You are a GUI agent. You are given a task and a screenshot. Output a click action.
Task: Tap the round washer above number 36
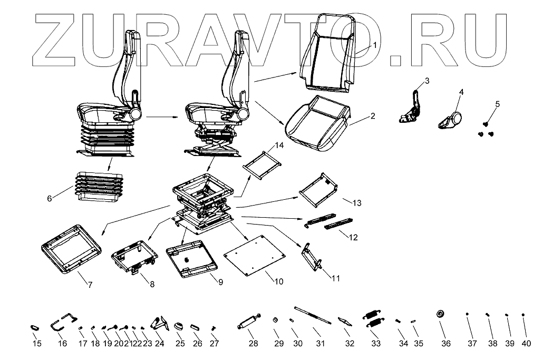(x=440, y=314)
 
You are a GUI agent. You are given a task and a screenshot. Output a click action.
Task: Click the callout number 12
(x=353, y=238)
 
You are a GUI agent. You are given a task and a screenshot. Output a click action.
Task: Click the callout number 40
(x=526, y=344)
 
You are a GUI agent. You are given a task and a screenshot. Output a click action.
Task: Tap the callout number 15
(x=37, y=344)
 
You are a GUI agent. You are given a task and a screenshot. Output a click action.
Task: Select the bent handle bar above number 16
(x=63, y=323)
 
